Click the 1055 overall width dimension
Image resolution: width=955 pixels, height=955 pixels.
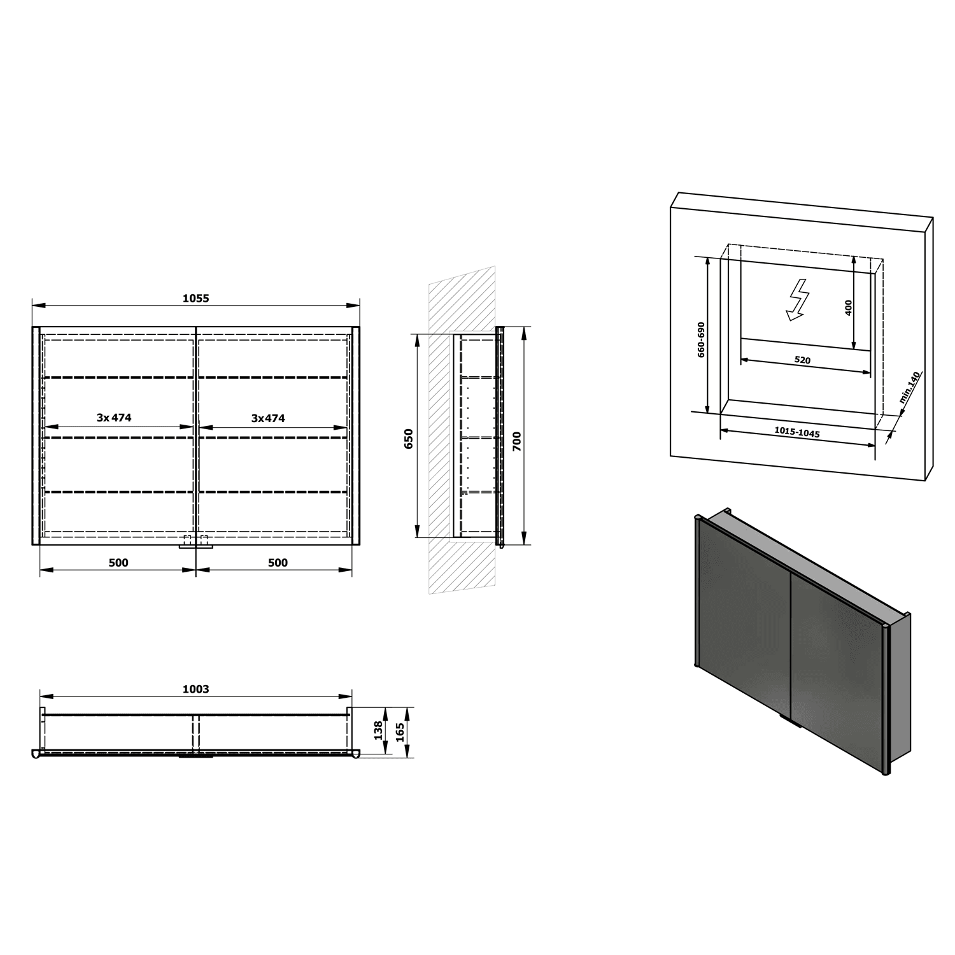pyautogui.click(x=195, y=298)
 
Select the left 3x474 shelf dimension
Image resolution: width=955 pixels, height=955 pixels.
pyautogui.click(x=114, y=418)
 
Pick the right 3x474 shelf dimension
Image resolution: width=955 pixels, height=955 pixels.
pyautogui.click(x=268, y=418)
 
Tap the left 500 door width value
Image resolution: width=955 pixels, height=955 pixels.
pyautogui.click(x=118, y=563)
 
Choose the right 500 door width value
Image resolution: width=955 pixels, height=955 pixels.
pyautogui.click(x=278, y=563)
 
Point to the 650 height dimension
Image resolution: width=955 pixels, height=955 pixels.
pyautogui.click(x=409, y=439)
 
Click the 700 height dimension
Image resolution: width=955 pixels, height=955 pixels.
pyautogui.click(x=516, y=441)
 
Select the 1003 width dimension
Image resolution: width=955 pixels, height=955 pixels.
pyautogui.click(x=195, y=689)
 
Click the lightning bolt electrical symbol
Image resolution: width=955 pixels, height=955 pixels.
pyautogui.click(x=796, y=299)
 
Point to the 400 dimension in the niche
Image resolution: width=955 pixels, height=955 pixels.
pyautogui.click(x=848, y=308)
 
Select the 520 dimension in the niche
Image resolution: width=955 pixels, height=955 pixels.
pyautogui.click(x=802, y=360)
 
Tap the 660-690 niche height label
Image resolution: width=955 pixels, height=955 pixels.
pyautogui.click(x=701, y=339)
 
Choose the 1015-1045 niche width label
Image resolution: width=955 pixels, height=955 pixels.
pyautogui.click(x=797, y=432)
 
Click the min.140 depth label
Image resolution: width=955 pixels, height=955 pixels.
pyautogui.click(x=910, y=388)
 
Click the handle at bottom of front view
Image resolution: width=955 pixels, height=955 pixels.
pyautogui.click(x=195, y=542)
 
